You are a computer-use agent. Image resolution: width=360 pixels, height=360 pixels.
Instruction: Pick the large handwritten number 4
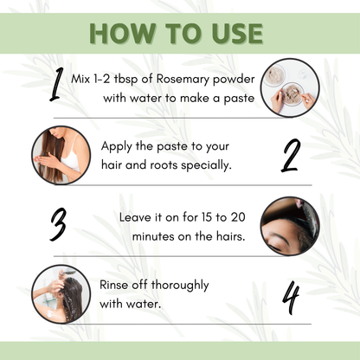pos(292,297)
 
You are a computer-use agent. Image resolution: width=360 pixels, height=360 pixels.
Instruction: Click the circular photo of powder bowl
pos(292,87)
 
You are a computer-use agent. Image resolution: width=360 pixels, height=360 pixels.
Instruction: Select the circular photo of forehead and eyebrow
pos(290,225)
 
